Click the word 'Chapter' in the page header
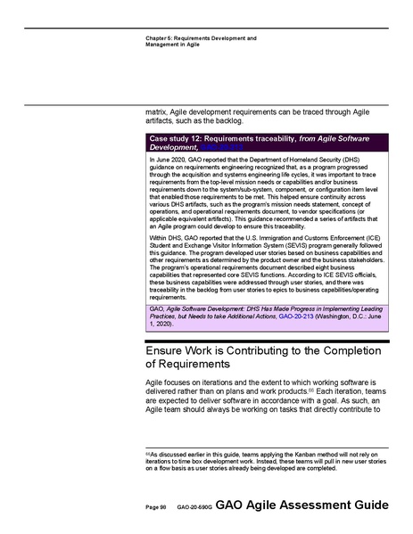pyautogui.click(x=156, y=38)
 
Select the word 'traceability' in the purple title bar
pyautogui.click(x=280, y=139)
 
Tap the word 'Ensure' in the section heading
pyautogui.click(x=169, y=350)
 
